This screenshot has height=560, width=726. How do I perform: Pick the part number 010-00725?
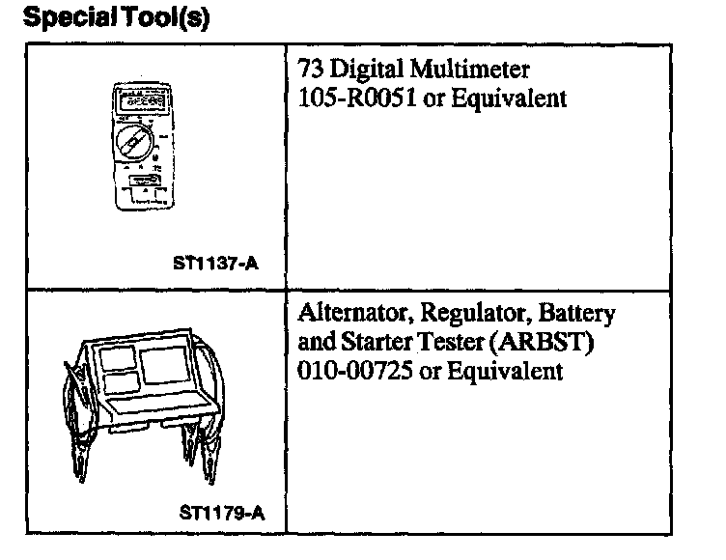coord(350,371)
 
